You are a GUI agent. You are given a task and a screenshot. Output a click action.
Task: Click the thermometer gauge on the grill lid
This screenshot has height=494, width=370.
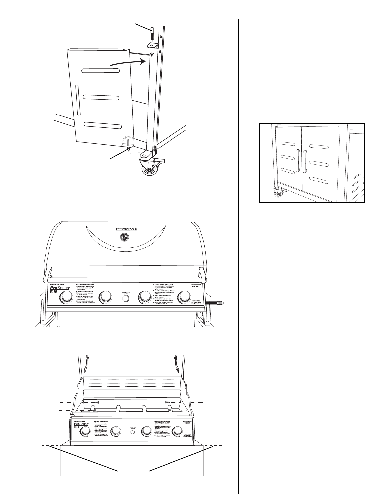point(124,237)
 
